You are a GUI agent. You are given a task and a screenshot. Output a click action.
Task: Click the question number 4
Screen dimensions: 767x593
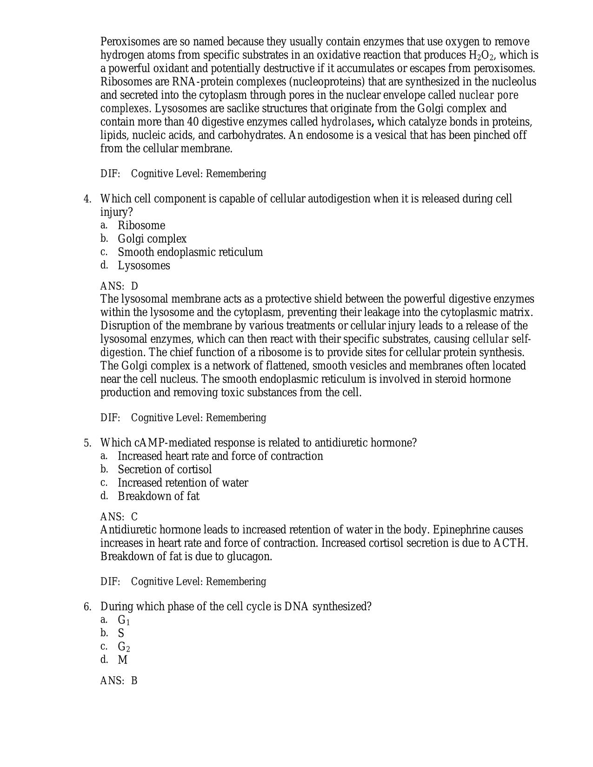(x=87, y=199)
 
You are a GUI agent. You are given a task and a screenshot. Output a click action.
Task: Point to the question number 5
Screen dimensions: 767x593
(x=87, y=443)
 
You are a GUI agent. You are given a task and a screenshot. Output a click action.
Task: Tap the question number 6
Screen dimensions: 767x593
(x=87, y=607)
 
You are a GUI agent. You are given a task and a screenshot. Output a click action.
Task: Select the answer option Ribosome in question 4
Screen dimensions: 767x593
(x=141, y=225)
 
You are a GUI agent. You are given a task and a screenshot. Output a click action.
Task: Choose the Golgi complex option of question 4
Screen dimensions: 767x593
(x=152, y=239)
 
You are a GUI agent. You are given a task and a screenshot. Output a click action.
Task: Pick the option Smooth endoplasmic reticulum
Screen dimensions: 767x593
(x=190, y=252)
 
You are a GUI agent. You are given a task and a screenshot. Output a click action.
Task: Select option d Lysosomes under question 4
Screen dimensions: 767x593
(x=144, y=266)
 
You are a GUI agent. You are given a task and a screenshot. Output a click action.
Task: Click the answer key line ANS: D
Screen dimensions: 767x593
(x=119, y=286)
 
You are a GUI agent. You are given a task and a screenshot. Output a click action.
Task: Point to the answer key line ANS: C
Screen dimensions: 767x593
(x=119, y=517)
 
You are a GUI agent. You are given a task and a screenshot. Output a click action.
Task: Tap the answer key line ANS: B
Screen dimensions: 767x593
(x=119, y=681)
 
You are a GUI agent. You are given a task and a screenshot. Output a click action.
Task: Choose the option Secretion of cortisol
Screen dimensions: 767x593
(x=164, y=469)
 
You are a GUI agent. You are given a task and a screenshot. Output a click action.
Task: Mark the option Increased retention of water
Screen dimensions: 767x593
(x=182, y=483)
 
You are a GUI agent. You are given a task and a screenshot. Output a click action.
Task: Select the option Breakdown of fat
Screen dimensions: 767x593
(x=158, y=496)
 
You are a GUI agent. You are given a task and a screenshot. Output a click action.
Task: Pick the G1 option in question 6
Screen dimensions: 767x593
(x=124, y=621)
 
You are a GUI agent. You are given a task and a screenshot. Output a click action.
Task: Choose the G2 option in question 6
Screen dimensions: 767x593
(x=124, y=647)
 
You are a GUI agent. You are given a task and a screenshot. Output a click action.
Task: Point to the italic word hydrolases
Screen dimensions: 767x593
(x=346, y=122)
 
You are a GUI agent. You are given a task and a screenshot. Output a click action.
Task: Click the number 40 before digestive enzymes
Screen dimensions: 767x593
(x=193, y=122)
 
